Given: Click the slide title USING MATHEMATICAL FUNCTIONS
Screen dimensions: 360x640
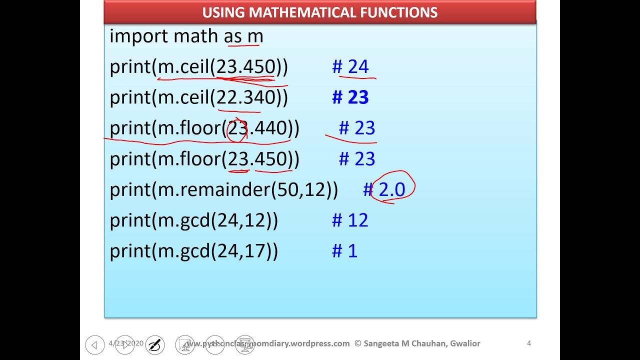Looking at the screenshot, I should click(x=320, y=12).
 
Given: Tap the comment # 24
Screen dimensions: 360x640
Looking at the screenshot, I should click(x=350, y=67).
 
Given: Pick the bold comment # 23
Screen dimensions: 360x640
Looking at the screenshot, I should click(x=350, y=97).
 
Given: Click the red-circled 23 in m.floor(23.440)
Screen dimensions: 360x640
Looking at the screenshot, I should click(x=237, y=128).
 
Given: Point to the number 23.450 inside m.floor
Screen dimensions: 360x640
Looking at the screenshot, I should click(x=257, y=159).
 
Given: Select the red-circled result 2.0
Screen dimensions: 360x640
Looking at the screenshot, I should click(x=392, y=190).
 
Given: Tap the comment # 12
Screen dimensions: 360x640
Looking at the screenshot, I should click(x=350, y=220).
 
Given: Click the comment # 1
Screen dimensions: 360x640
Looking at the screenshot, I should click(x=345, y=251).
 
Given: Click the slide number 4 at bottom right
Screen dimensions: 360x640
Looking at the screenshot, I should click(x=528, y=343).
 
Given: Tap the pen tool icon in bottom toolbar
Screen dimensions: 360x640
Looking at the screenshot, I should click(x=155, y=344).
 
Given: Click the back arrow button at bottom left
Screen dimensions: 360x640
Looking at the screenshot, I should click(x=94, y=344).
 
